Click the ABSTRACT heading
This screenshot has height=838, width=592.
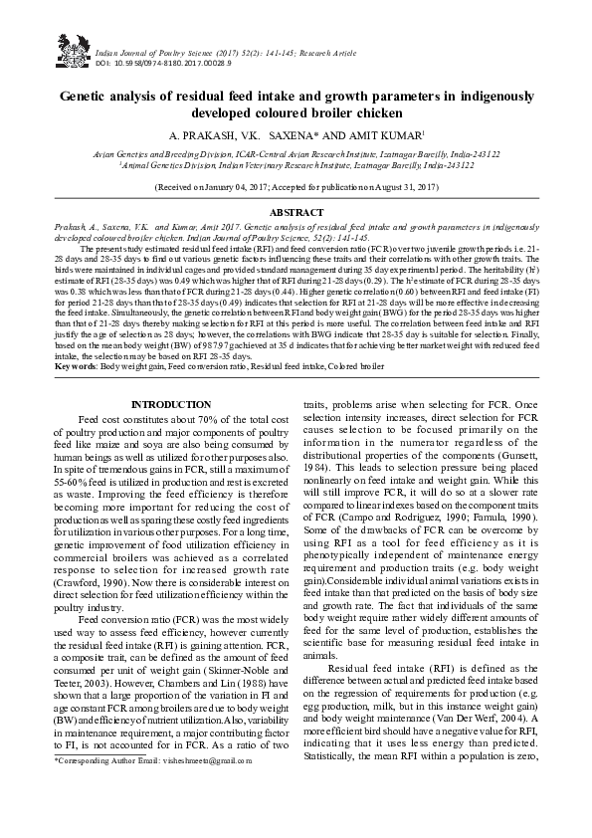tap(297, 213)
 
